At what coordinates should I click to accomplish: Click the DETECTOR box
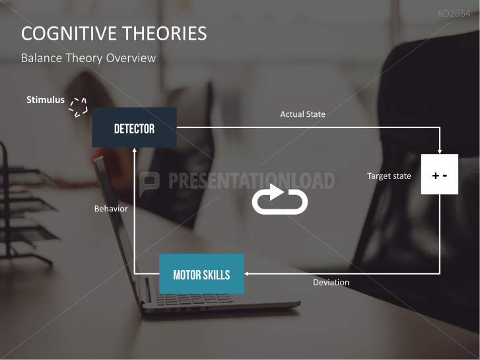click(134, 127)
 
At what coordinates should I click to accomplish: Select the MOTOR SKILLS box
click(201, 273)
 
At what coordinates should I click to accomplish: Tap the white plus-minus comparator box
click(439, 174)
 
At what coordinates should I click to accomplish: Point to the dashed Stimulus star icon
click(79, 107)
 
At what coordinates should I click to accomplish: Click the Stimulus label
click(46, 100)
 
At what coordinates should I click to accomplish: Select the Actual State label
click(302, 114)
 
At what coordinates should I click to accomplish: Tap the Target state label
click(389, 176)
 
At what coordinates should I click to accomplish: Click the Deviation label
click(331, 283)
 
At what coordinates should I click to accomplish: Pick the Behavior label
click(111, 209)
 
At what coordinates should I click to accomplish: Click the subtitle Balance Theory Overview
click(88, 58)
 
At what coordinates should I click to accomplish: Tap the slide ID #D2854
click(456, 13)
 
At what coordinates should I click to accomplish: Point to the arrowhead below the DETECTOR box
click(135, 151)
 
